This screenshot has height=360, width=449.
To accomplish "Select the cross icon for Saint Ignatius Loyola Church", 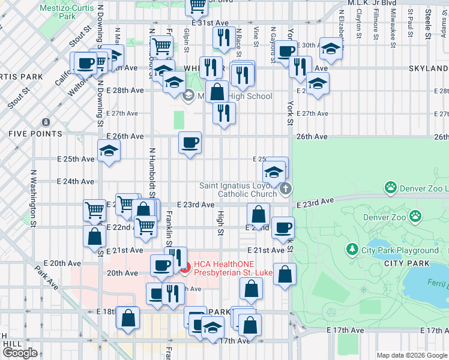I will click(286, 189).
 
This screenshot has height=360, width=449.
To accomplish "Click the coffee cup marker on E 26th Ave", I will click(190, 143).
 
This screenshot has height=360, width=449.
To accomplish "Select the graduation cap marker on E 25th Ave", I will click(109, 151).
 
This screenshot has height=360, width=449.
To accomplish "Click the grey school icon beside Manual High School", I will click(188, 95).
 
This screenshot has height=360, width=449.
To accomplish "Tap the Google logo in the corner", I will click(20, 353).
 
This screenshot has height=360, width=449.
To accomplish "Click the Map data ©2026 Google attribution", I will click(412, 355).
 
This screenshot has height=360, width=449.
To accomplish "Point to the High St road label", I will click(220, 223).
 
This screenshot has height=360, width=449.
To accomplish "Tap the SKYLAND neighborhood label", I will click(429, 68).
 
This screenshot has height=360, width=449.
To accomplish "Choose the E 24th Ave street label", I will click(76, 181).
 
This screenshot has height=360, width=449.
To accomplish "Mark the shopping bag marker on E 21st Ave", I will click(95, 236).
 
